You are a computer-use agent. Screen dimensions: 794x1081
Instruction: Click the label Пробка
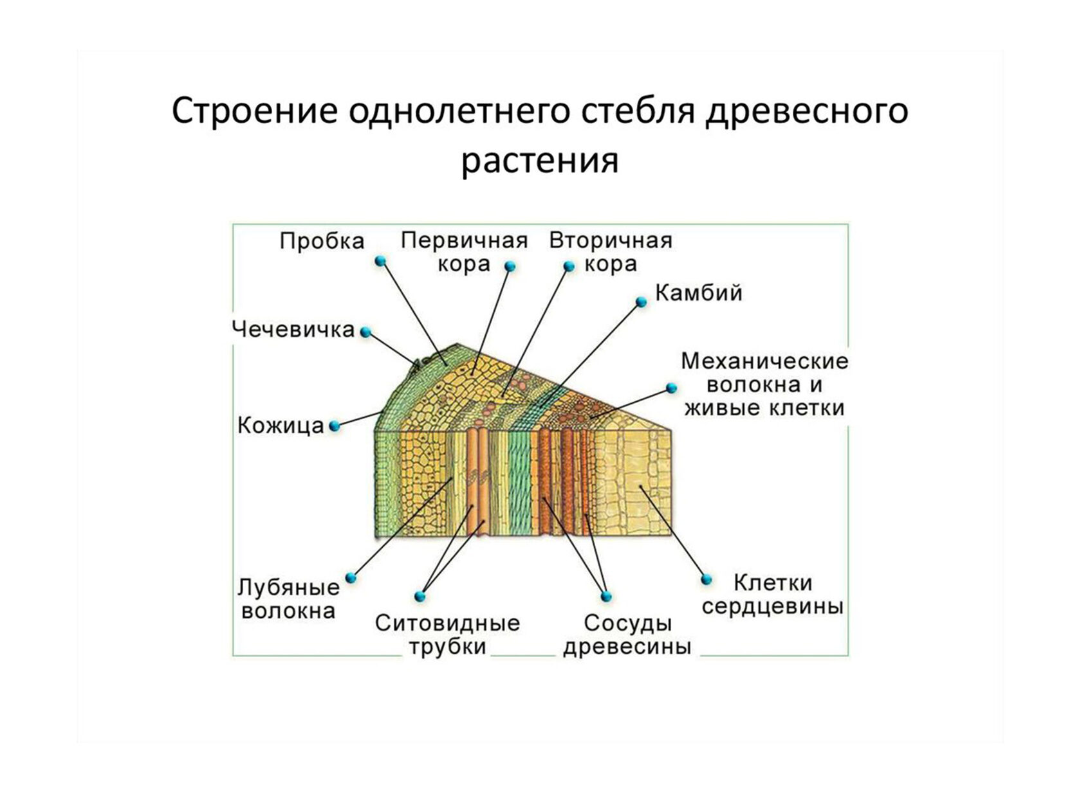pyautogui.click(x=322, y=241)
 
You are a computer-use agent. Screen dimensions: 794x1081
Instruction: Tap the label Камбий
pyautogui.click(x=698, y=293)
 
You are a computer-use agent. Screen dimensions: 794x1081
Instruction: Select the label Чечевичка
pyautogui.click(x=293, y=329)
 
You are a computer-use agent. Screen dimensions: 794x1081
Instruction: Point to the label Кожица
pyautogui.click(x=281, y=425)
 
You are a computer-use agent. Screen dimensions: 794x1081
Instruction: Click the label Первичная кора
pyautogui.click(x=464, y=251)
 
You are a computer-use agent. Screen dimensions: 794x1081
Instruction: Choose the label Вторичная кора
pyautogui.click(x=611, y=251)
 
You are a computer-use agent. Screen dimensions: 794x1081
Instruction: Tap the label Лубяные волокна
pyautogui.click(x=288, y=599)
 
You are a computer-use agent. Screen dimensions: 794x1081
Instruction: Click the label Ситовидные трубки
pyautogui.click(x=447, y=634)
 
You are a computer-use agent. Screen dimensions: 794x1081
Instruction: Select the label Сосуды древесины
pyautogui.click(x=627, y=634)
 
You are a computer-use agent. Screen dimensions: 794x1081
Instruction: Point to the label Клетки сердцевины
pyautogui.click(x=772, y=594)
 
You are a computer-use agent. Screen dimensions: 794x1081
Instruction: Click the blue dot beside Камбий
pyautogui.click(x=641, y=302)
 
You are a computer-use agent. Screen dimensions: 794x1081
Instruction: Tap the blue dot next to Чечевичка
pyautogui.click(x=365, y=332)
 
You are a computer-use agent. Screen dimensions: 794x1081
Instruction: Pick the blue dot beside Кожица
pyautogui.click(x=334, y=426)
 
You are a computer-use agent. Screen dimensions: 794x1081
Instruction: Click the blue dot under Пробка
pyautogui.click(x=380, y=261)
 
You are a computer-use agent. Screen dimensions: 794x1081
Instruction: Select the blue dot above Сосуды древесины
pyautogui.click(x=605, y=596)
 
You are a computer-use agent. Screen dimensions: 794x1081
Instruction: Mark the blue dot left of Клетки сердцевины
pyautogui.click(x=707, y=579)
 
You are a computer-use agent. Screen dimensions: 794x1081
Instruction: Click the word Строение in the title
pyautogui.click(x=254, y=111)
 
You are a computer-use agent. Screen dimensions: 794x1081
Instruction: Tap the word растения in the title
pyautogui.click(x=539, y=161)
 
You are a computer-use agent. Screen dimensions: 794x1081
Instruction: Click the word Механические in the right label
pyautogui.click(x=764, y=361)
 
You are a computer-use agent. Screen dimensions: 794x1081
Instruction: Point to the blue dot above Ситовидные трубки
pyautogui.click(x=420, y=596)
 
